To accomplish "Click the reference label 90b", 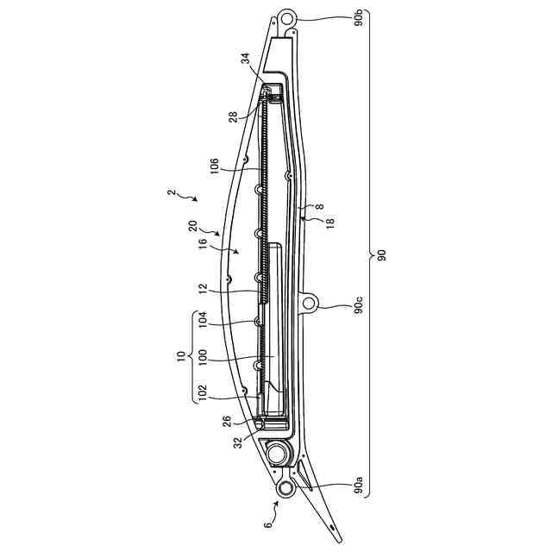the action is pyautogui.click(x=359, y=19).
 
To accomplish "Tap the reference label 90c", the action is pyautogui.click(x=358, y=305).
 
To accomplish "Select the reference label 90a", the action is pyautogui.click(x=358, y=485).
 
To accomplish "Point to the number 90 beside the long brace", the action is pyautogui.click(x=381, y=255).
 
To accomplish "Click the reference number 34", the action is pyautogui.click(x=245, y=59).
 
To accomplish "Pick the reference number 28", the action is pyautogui.click(x=234, y=117).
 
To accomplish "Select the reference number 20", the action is pyautogui.click(x=193, y=226).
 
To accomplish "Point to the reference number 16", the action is pyautogui.click(x=203, y=244).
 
